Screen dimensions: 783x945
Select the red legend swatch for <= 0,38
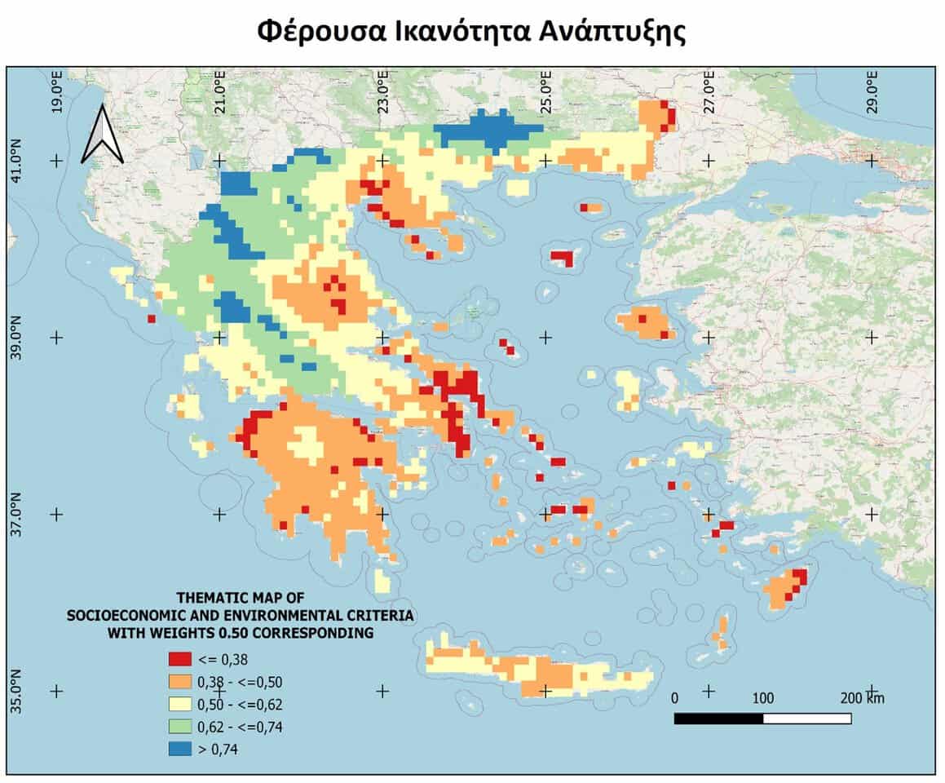tap(179, 659)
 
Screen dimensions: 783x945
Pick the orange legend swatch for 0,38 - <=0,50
tap(179, 682)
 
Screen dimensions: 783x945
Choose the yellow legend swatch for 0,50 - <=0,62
tap(179, 704)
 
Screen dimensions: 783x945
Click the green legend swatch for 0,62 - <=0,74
tap(179, 726)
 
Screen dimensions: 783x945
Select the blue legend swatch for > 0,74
tap(179, 748)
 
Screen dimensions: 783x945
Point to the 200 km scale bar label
tap(863, 699)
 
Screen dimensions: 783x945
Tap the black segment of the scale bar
tap(718, 719)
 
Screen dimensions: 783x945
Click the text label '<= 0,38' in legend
tap(222, 659)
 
